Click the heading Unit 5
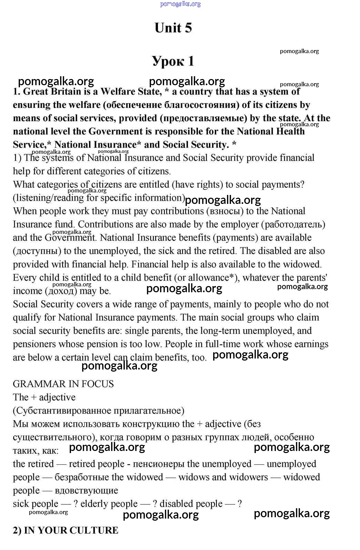coord(173,28)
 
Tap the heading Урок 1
coord(173,61)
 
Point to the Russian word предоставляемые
coord(203,118)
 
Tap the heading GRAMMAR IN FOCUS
coord(63,384)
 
